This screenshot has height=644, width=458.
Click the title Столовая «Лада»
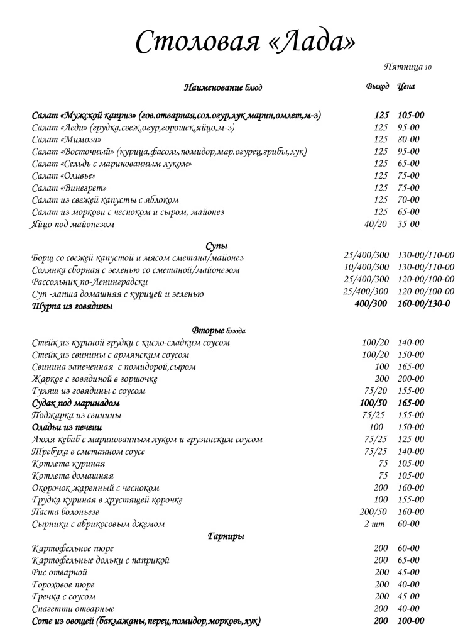[245, 42]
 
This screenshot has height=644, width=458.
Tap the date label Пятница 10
[407, 67]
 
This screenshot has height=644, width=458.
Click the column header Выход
[378, 86]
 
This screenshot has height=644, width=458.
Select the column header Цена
[406, 86]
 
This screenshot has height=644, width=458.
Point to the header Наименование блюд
[223, 87]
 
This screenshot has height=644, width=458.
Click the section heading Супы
[217, 245]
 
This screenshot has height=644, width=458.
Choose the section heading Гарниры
[226, 536]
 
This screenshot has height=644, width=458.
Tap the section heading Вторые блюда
[218, 330]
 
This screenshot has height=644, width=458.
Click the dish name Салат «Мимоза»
[67, 140]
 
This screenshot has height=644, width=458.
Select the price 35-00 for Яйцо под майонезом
[409, 224]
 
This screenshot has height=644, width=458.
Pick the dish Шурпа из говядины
[72, 306]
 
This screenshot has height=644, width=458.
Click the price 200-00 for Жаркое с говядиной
[411, 379]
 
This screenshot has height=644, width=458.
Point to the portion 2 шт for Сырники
[376, 523]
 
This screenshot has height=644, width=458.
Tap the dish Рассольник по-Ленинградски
[90, 282]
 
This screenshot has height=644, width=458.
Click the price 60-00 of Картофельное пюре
[409, 548]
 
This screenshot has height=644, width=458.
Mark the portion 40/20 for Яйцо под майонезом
[376, 224]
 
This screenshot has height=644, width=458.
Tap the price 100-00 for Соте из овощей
[411, 621]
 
